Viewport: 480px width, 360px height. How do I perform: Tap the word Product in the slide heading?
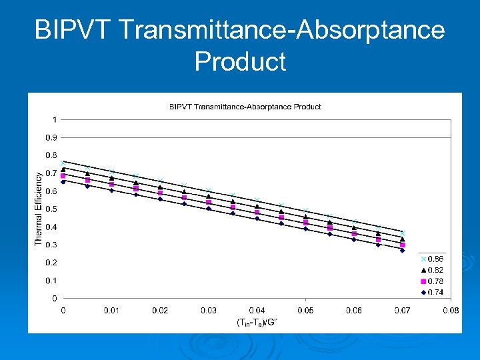pyautogui.click(x=240, y=61)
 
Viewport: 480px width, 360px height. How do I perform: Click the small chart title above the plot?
pyautogui.click(x=245, y=107)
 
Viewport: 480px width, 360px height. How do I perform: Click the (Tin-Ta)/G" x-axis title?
pyautogui.click(x=257, y=322)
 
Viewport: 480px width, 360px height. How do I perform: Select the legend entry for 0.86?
pyautogui.click(x=433, y=259)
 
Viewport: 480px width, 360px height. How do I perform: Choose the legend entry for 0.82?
pyautogui.click(x=433, y=269)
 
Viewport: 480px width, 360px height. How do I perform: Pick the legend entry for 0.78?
pyautogui.click(x=433, y=281)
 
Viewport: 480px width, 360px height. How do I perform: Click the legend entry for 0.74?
pyautogui.click(x=433, y=291)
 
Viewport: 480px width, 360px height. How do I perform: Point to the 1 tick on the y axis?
pyautogui.click(x=54, y=120)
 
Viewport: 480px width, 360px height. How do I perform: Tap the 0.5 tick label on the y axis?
pyautogui.click(x=51, y=209)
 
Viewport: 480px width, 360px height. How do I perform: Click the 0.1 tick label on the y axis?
pyautogui.click(x=51, y=281)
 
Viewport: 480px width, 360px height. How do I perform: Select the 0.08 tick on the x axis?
pyautogui.click(x=451, y=310)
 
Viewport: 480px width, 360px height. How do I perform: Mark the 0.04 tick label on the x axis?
pyautogui.click(x=257, y=310)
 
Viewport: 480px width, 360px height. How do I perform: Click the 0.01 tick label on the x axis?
pyautogui.click(x=111, y=310)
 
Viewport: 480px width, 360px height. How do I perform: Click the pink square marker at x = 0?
pyautogui.click(x=63, y=176)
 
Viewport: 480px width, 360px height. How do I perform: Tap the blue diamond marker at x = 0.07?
pyautogui.click(x=402, y=250)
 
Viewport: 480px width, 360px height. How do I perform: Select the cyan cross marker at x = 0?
pyautogui.click(x=63, y=163)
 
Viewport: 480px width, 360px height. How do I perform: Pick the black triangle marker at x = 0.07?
pyautogui.click(x=402, y=239)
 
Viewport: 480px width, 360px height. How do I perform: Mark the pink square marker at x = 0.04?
pyautogui.click(x=257, y=213)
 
